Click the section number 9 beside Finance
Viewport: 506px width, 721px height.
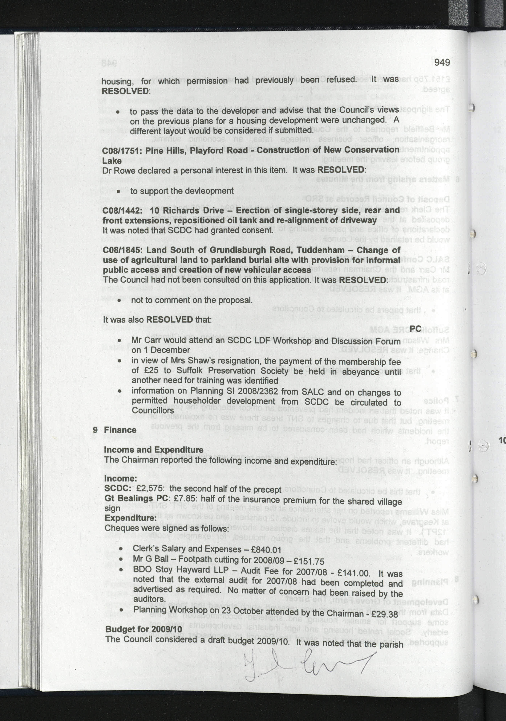point(95,430)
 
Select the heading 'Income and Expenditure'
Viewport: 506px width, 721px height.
point(153,450)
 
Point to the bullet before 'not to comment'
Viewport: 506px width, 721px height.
point(119,300)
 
